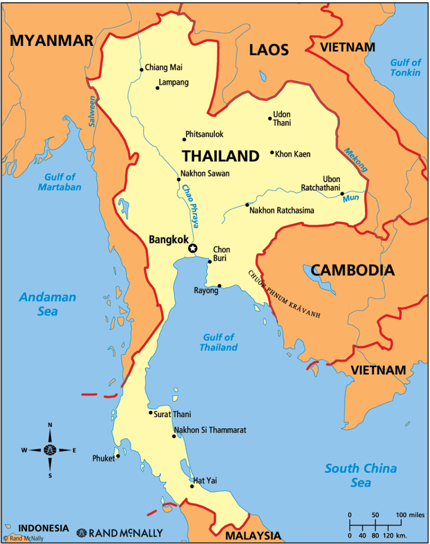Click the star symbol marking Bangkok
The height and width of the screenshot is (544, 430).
[193, 248]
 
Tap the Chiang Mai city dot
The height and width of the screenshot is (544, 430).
[141, 70]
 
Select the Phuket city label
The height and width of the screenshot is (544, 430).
[103, 459]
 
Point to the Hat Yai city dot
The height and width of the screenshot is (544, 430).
[192, 486]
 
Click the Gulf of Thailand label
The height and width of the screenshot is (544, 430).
[218, 342]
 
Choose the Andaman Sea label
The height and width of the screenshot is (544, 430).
[47, 304]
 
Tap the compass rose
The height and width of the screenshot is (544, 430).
[50, 450]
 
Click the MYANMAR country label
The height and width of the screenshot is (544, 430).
[52, 41]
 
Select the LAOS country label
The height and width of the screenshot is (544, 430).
[269, 49]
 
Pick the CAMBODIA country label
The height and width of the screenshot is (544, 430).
[353, 270]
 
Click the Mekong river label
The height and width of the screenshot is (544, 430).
[355, 160]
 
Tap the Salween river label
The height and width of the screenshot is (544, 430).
[92, 111]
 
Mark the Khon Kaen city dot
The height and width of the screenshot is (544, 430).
[272, 153]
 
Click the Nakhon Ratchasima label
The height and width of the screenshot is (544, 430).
[281, 210]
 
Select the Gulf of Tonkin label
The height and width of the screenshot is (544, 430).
[405, 67]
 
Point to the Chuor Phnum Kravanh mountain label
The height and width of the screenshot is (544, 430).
[283, 294]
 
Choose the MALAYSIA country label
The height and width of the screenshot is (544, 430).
[253, 535]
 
